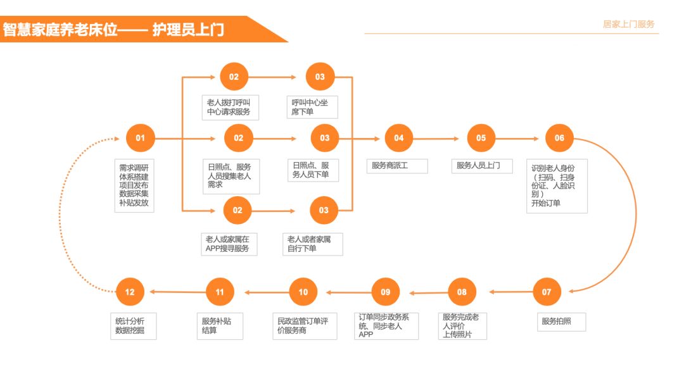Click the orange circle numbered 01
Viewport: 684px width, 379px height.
140,138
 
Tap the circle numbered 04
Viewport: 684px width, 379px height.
398,138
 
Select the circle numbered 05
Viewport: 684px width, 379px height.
481,138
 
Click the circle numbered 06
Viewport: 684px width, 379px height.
559,138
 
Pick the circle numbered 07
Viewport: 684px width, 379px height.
547,292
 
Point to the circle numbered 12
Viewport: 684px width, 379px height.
130,292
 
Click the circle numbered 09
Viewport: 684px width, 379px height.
386,292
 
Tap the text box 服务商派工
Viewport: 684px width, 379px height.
397,166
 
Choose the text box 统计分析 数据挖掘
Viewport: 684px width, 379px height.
132,325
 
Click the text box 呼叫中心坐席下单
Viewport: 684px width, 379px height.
311,107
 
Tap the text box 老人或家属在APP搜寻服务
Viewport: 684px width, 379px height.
229,244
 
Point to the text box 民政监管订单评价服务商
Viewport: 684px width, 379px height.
303,325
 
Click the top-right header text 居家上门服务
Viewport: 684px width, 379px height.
628,24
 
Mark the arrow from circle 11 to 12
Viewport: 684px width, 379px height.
177,292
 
